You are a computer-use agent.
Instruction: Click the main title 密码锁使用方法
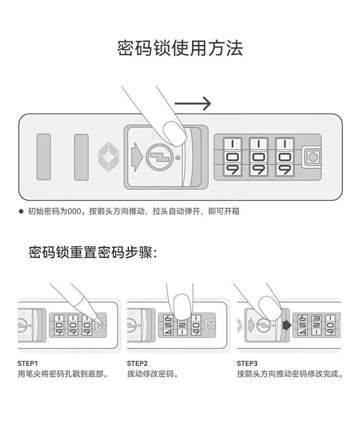click(180, 48)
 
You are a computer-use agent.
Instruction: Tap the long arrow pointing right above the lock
click(192, 103)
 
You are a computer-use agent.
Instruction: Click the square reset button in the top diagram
click(312, 157)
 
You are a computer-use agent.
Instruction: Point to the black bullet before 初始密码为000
click(21, 211)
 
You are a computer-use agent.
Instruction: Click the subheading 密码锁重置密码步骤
click(93, 252)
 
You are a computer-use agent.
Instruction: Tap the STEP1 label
click(28, 362)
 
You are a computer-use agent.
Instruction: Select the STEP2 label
click(137, 362)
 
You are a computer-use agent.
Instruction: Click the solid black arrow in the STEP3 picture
click(287, 325)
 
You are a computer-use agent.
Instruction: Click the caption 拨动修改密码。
click(153, 374)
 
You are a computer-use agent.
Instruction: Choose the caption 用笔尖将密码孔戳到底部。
click(62, 374)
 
